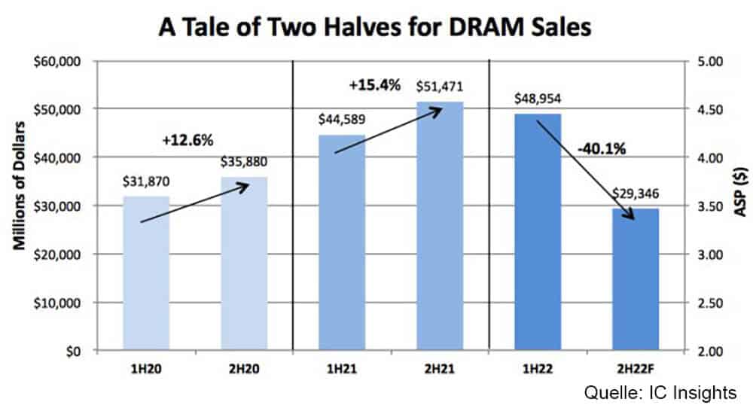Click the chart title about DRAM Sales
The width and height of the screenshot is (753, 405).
[376, 28]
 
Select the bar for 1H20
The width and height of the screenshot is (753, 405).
[147, 274]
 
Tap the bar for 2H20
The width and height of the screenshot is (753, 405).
[245, 264]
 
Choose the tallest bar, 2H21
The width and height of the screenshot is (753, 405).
[441, 227]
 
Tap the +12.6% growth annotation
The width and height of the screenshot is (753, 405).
[187, 140]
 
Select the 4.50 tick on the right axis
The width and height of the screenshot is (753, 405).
[708, 110]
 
